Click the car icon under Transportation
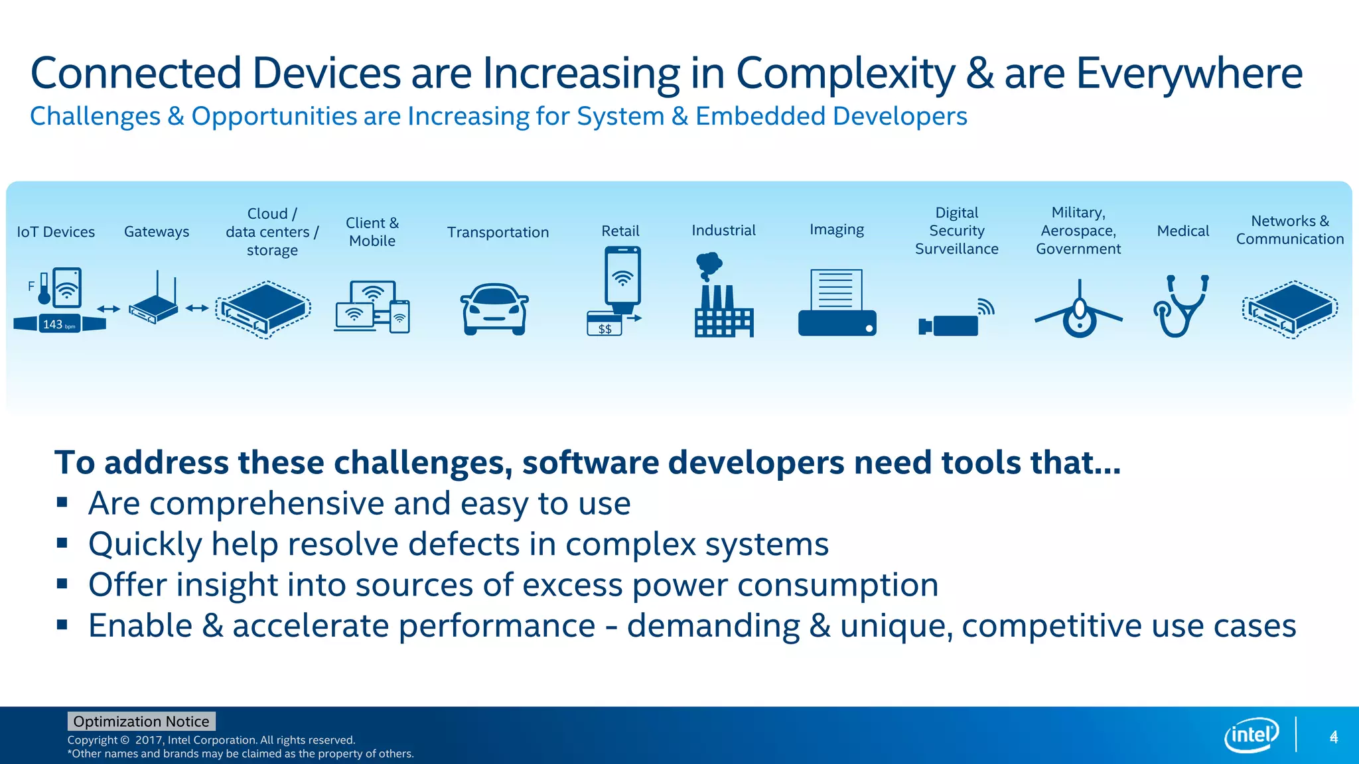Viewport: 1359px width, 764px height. [494, 309]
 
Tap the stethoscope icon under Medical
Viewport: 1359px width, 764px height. [1181, 306]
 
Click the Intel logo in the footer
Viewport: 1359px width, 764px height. [1252, 735]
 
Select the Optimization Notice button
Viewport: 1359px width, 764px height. [141, 721]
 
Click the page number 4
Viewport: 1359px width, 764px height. [1333, 737]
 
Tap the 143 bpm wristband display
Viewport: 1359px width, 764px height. [60, 324]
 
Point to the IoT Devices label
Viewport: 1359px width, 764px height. [56, 232]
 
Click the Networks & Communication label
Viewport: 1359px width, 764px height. [1289, 230]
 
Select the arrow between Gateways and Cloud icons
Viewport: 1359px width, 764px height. [197, 308]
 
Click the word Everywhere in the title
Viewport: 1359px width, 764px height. [1188, 73]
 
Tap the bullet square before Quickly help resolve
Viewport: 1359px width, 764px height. [62, 543]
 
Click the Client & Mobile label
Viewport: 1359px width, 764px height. [372, 232]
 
